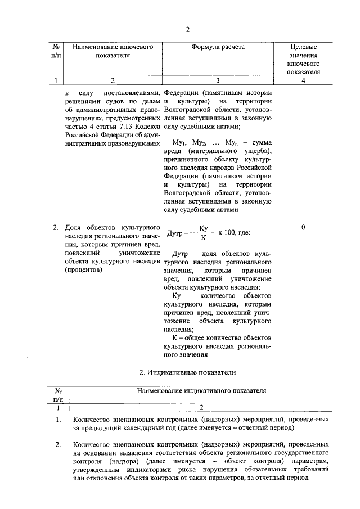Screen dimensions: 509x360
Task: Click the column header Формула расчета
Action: pyautogui.click(x=218, y=48)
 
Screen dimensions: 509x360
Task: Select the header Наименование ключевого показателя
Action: pyautogui.click(x=113, y=52)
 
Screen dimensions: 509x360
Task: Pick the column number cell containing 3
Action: pyautogui.click(x=218, y=80)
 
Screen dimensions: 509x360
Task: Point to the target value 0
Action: pyautogui.click(x=303, y=227)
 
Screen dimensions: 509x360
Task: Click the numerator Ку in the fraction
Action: pyautogui.click(x=204, y=227)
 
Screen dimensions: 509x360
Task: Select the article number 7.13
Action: pyautogui.click(x=120, y=127)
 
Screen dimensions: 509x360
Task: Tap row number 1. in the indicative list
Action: pyautogui.click(x=58, y=420)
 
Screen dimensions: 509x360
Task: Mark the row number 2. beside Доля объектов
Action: pyautogui.click(x=56, y=228)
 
